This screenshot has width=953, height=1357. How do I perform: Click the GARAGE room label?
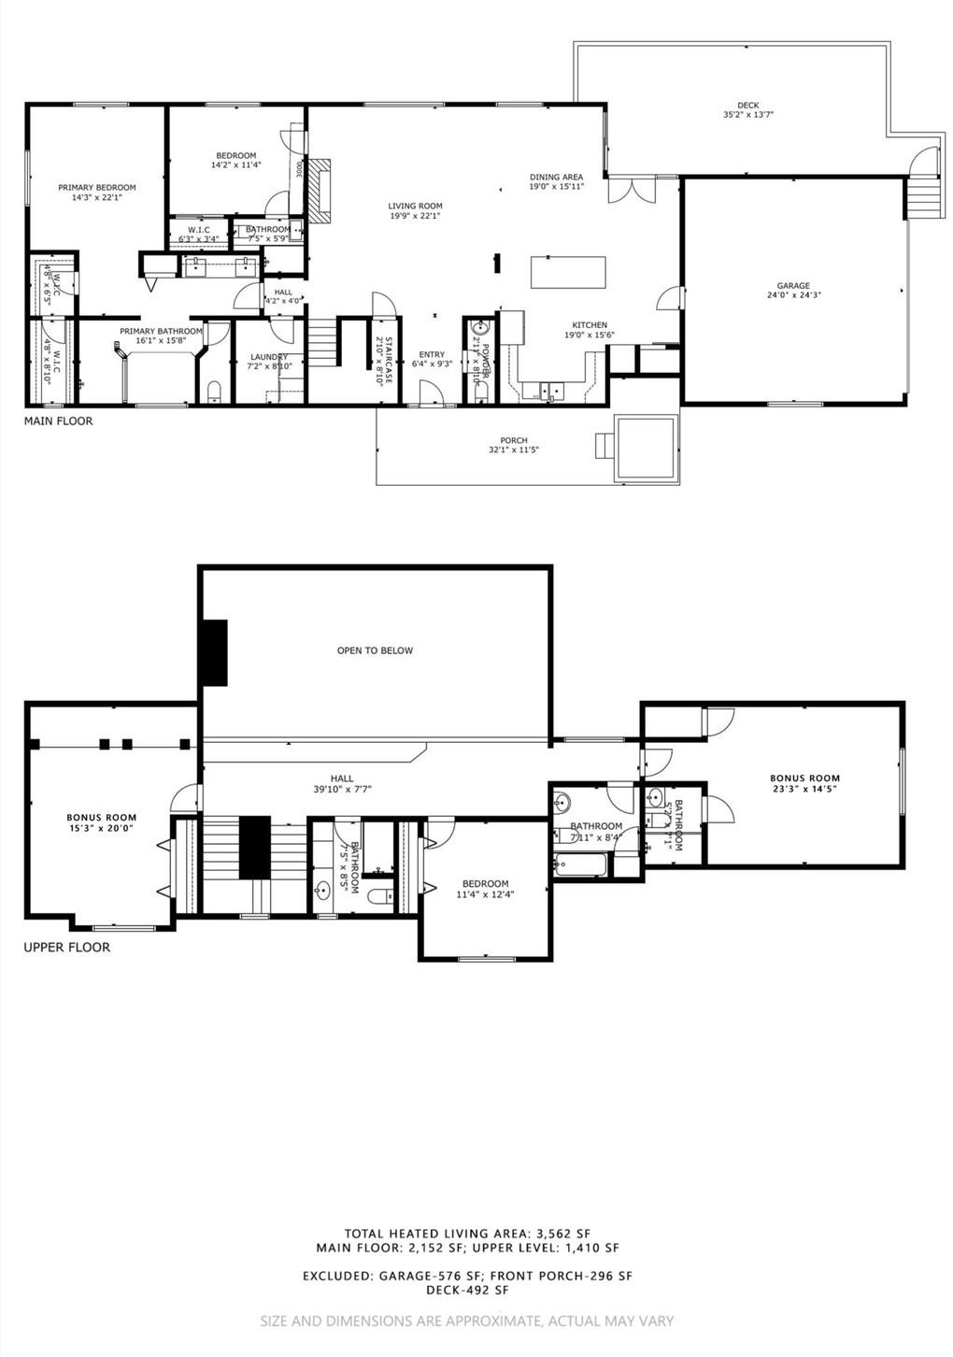(793, 286)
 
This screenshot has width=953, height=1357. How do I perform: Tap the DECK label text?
(747, 106)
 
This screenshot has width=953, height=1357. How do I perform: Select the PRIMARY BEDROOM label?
(96, 188)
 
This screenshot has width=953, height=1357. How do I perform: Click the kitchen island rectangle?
(568, 272)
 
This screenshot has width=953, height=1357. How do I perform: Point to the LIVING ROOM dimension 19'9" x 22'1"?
(416, 216)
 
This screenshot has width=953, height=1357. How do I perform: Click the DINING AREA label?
(556, 177)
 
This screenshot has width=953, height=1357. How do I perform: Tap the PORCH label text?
(514, 440)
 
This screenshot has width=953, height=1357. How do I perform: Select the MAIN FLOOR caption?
(58, 421)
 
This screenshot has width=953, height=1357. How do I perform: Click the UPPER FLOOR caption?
(66, 948)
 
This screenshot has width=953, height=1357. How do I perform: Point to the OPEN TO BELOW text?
(375, 650)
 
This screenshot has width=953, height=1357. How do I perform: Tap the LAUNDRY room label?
(268, 356)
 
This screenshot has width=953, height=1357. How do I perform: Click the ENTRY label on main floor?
(432, 354)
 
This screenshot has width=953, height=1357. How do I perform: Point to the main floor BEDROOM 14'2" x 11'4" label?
(235, 156)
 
